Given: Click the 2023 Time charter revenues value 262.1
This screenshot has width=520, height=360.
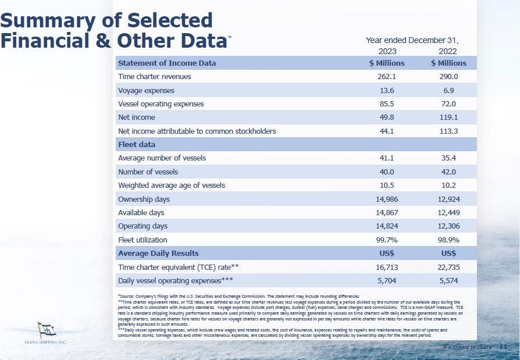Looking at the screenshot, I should tap(387, 77).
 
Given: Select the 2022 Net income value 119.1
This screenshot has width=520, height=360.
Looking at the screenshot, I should tap(448, 117).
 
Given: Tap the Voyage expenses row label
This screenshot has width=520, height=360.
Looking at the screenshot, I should tap(146, 91).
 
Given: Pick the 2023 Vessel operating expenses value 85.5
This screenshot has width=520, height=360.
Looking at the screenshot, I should tap(387, 104).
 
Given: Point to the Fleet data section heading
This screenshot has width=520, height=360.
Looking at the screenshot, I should tap(137, 144).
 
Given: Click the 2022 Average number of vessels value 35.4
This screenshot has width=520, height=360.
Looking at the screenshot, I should tap(448, 158).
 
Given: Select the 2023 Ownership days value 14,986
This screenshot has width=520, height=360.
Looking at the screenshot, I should tap(387, 199).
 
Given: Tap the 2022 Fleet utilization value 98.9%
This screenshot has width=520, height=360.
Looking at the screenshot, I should tap(448, 240).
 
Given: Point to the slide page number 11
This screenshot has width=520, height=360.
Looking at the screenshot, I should tap(503, 347).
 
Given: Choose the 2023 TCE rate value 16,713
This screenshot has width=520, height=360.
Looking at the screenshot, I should tap(387, 267).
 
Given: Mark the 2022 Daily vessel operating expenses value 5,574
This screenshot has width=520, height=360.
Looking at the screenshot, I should tap(448, 280).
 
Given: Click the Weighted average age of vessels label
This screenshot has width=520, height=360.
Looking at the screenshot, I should tap(172, 186).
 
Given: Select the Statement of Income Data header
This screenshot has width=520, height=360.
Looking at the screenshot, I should tap(167, 63).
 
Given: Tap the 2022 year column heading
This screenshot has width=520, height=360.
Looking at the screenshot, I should tap(448, 51).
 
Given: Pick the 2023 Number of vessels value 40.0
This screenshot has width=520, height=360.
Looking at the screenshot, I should tap(387, 172).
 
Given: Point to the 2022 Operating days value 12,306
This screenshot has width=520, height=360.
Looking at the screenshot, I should tap(448, 226).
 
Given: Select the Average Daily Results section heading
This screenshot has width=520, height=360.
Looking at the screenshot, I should tap(158, 254).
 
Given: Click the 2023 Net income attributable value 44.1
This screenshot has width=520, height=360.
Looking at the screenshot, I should tap(387, 131).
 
